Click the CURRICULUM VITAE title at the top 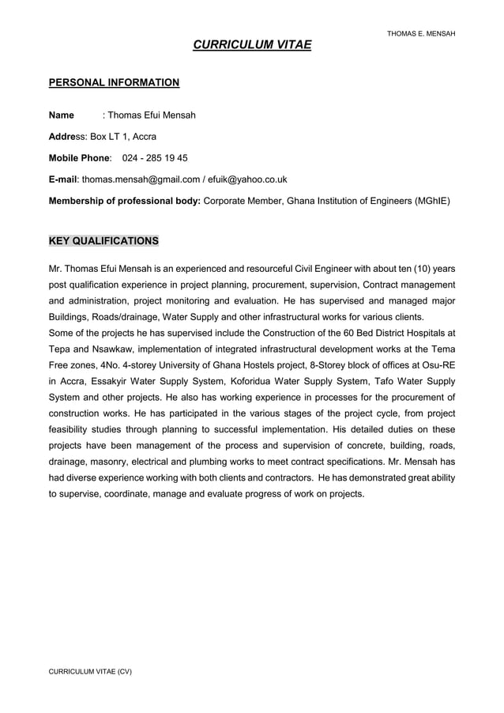tap(252, 46)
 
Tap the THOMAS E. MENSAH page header tap(421, 33)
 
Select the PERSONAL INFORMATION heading tap(114, 82)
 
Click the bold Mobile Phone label tap(80, 158)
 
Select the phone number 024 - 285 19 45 tap(155, 158)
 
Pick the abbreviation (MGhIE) tap(432, 201)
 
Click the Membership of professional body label tap(125, 201)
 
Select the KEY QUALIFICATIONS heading tap(103, 240)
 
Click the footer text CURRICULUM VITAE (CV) tap(90, 671)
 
